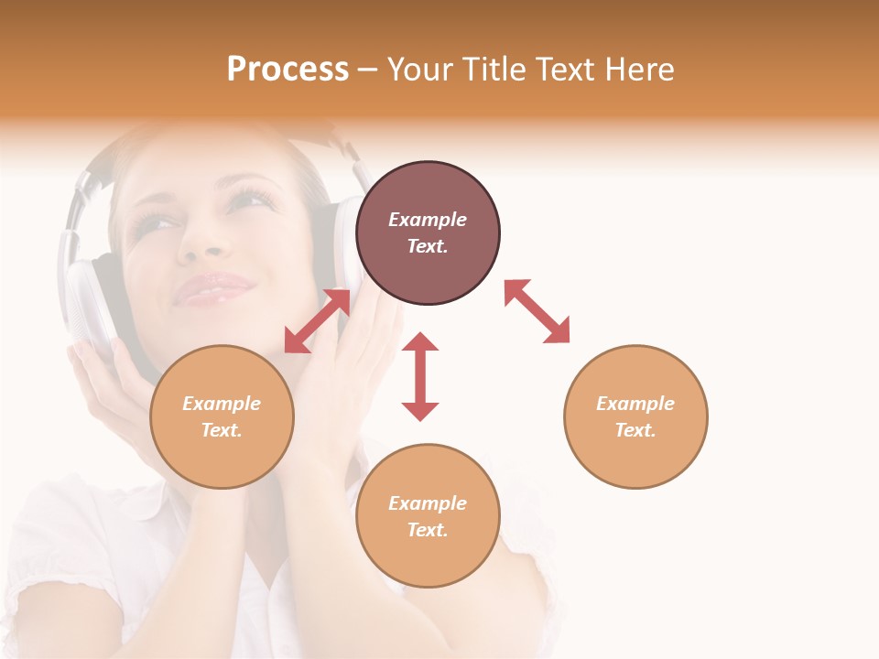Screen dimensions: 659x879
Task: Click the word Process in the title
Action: point(288,70)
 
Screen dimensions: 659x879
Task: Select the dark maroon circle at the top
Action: point(428,232)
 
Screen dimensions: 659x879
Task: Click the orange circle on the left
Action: point(222,416)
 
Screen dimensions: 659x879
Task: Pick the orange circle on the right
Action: point(635,416)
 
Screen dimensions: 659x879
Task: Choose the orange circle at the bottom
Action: point(428,516)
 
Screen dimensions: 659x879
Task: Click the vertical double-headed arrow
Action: point(420,376)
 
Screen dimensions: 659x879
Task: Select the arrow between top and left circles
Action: point(317,321)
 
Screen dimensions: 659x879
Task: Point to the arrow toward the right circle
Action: point(537,311)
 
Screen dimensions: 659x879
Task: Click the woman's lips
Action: point(213,289)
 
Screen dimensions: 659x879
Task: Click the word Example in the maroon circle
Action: point(428,220)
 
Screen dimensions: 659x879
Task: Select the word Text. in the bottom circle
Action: point(428,530)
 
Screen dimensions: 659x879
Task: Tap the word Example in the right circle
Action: point(635,404)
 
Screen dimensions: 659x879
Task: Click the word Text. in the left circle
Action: point(222,430)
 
